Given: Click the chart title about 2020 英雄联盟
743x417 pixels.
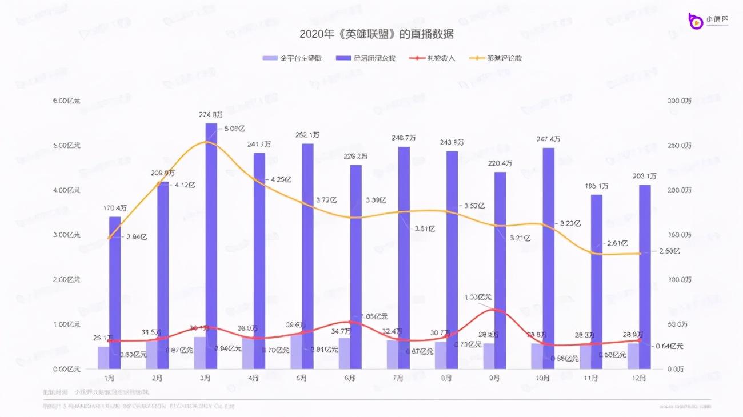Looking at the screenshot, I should [376, 34].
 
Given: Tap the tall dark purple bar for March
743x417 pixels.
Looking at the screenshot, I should [211, 246].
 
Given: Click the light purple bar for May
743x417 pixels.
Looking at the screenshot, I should [296, 352].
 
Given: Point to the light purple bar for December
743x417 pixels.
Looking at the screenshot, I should [633, 356].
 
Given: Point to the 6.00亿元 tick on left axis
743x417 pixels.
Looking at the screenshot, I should [67, 101].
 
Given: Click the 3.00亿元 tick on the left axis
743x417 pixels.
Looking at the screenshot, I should [67, 235].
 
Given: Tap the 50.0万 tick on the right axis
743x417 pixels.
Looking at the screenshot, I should [680, 324].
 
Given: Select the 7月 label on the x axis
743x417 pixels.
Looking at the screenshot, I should [398, 378].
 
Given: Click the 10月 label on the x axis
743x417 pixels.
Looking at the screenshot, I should [543, 378].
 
